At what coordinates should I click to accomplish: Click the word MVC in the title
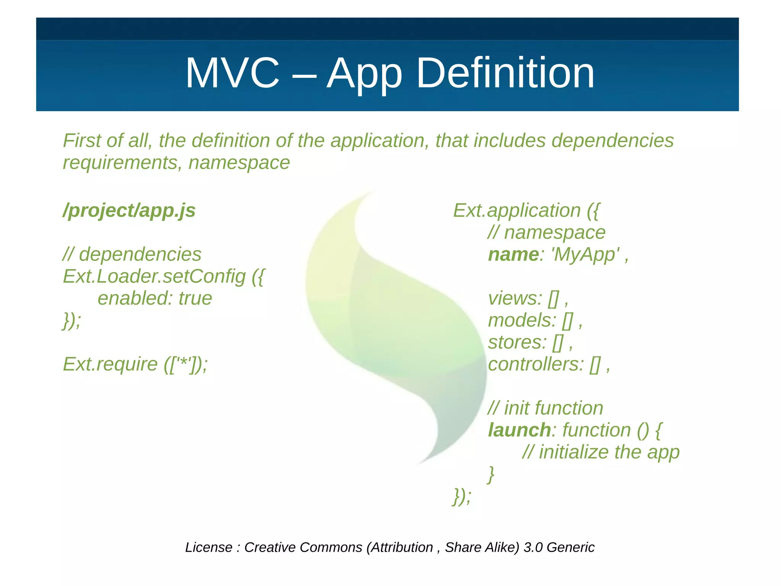(x=232, y=73)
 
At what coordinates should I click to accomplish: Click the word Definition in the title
(x=505, y=73)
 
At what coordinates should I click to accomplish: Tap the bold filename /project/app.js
(x=129, y=210)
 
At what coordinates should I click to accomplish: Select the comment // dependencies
(x=132, y=254)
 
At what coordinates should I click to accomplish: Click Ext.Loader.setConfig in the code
(x=154, y=276)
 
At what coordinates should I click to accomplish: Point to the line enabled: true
(x=154, y=298)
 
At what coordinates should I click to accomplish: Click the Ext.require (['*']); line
(x=135, y=364)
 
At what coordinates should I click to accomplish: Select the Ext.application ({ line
(x=526, y=210)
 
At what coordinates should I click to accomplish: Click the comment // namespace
(x=546, y=232)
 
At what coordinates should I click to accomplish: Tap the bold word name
(x=513, y=255)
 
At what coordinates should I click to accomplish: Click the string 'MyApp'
(x=585, y=255)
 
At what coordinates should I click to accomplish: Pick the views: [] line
(x=528, y=299)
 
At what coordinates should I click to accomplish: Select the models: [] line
(x=535, y=320)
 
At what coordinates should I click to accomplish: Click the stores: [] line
(x=530, y=342)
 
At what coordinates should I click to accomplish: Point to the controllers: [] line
(x=548, y=364)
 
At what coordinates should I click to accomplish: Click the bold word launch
(x=519, y=430)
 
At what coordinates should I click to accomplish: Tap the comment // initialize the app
(x=601, y=452)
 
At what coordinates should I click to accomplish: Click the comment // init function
(x=545, y=408)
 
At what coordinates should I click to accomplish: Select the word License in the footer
(x=209, y=547)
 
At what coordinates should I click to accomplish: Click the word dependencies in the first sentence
(x=612, y=140)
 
